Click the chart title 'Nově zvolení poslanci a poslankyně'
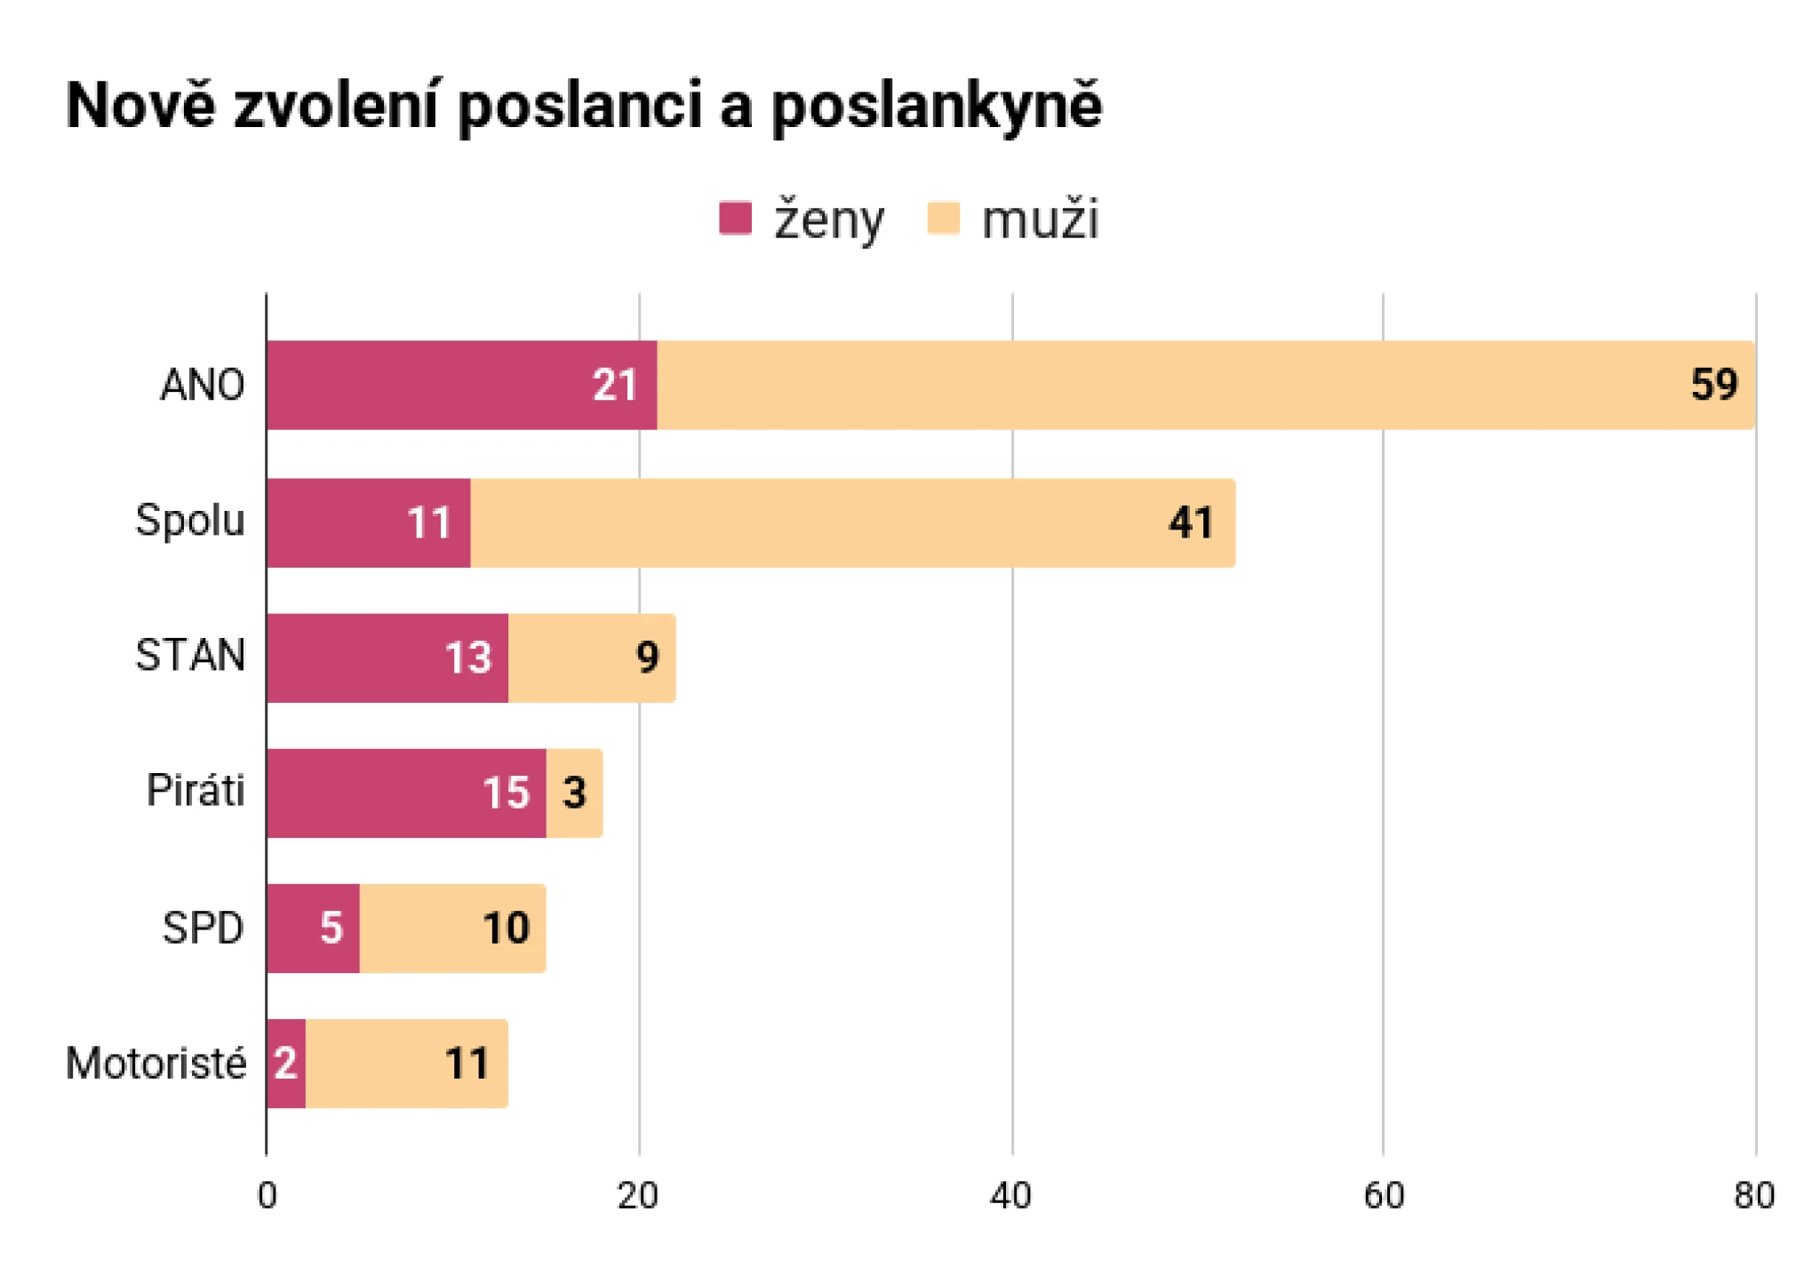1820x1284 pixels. [584, 107]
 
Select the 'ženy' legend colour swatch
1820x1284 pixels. [735, 219]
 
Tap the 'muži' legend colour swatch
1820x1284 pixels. [943, 219]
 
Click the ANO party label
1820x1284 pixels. [202, 386]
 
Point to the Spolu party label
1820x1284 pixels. [189, 521]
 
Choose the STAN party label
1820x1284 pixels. [189, 657]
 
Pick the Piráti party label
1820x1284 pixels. [196, 791]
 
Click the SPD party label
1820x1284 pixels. [203, 929]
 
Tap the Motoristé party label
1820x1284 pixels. [156, 1064]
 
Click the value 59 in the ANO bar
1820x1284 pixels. [1713, 386]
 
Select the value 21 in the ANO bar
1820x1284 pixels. [615, 386]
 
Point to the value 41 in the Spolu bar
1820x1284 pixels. [1191, 522]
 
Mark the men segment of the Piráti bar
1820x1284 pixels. [574, 793]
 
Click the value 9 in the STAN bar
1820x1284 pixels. [647, 658]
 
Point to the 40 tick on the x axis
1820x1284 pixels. [1010, 1196]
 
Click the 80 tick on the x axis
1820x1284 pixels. [1754, 1196]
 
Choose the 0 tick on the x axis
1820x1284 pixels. [267, 1196]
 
